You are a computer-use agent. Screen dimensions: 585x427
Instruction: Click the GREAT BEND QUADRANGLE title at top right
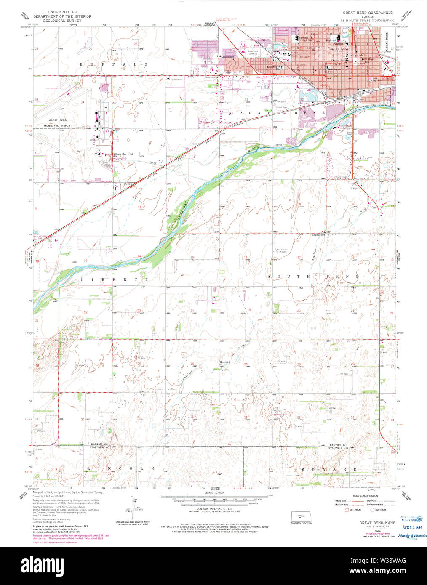[368, 13]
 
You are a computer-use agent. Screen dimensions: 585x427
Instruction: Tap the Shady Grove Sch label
[124, 154]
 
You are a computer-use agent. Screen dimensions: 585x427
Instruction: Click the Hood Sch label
[225, 362]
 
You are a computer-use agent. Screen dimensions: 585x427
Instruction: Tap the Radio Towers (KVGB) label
[282, 251]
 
